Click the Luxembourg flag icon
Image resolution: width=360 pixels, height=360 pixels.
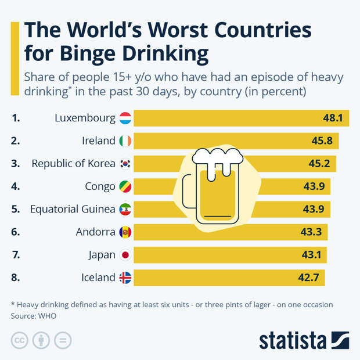[x=125, y=118]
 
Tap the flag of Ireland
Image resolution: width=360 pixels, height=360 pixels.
[x=125, y=141]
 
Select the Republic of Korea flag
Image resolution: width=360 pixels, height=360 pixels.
[x=125, y=164]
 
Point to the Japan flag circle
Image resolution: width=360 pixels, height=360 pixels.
[x=125, y=255]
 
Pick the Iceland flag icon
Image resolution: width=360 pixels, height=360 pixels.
[x=125, y=278]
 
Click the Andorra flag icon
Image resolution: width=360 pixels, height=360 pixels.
[x=125, y=232]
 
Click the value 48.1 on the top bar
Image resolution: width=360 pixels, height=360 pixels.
[x=333, y=118]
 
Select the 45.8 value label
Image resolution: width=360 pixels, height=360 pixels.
[x=323, y=141]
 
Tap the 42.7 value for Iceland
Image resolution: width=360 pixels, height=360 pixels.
[x=308, y=278]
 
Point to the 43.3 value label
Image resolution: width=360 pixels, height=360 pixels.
[x=312, y=232]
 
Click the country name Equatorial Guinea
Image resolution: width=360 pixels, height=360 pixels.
[x=73, y=209]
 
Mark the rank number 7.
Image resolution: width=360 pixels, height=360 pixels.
[x=15, y=255]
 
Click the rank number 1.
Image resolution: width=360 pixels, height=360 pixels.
[x=15, y=118]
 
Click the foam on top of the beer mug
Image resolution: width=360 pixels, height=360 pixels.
[x=217, y=156]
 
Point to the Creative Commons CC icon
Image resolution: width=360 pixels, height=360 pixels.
[x=19, y=340]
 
